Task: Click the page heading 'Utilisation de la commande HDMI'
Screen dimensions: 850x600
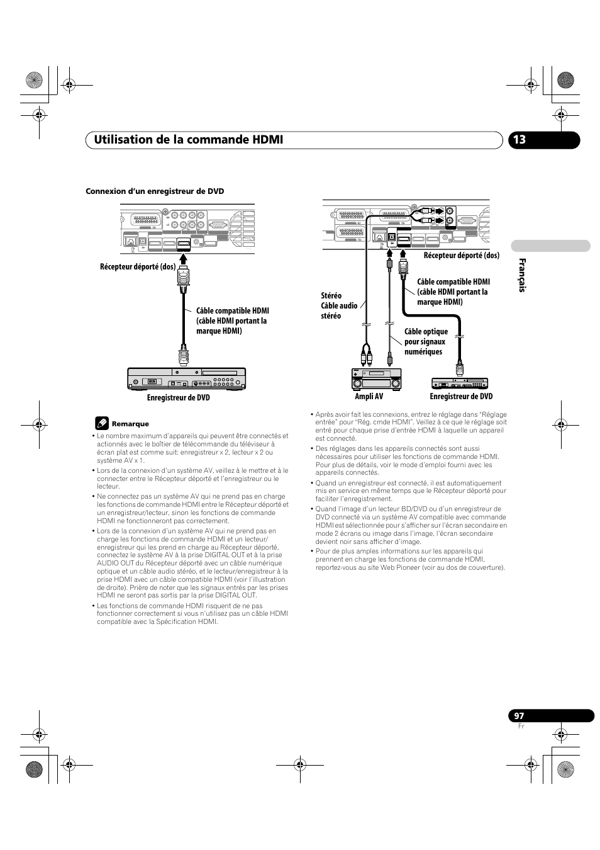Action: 184,139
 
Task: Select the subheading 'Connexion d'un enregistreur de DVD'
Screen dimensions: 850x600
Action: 155,191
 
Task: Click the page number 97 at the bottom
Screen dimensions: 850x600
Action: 518,716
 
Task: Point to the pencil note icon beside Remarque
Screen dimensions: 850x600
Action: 102,423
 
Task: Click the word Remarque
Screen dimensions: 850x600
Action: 130,424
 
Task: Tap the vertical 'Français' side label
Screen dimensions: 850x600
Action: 521,275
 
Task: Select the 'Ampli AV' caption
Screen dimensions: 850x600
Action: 369,397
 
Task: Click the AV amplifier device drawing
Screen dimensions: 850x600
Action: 376,380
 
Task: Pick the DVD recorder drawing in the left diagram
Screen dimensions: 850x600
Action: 186,378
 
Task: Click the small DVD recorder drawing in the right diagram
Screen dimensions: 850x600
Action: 460,383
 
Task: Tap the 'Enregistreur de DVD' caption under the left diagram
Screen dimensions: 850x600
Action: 179,398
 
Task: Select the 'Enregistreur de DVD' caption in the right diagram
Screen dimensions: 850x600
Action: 461,397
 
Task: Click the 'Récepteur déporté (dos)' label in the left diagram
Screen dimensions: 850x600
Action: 138,267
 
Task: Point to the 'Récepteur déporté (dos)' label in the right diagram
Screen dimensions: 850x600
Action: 461,256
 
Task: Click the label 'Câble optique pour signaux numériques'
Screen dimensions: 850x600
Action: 426,342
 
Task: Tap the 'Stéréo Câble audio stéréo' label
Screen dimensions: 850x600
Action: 339,305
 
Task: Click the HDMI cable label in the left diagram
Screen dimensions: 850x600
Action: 232,320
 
